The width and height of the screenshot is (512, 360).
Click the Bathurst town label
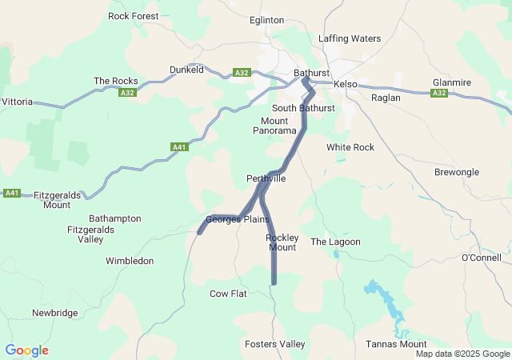click(x=312, y=73)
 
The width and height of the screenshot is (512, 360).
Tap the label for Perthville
click(x=266, y=178)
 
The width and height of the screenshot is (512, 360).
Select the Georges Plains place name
click(x=238, y=219)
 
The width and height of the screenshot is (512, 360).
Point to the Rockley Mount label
click(x=282, y=242)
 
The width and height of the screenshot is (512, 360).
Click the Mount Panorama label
click(x=274, y=125)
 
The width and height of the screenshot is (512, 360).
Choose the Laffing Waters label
click(x=350, y=38)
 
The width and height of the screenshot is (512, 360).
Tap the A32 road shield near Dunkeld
click(x=242, y=72)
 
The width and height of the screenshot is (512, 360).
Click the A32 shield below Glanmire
click(x=438, y=94)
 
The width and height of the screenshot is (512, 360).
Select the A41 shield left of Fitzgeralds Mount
click(x=12, y=193)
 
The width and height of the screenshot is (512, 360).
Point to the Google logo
click(x=26, y=350)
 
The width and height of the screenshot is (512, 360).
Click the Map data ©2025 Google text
click(x=462, y=354)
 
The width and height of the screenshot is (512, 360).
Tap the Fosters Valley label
click(x=274, y=344)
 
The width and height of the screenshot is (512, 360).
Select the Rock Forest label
click(x=134, y=15)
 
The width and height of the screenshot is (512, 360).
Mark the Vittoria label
click(x=18, y=102)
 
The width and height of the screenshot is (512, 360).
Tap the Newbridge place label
click(x=54, y=313)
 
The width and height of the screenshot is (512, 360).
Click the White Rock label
click(x=350, y=147)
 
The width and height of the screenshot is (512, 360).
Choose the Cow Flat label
click(x=228, y=294)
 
